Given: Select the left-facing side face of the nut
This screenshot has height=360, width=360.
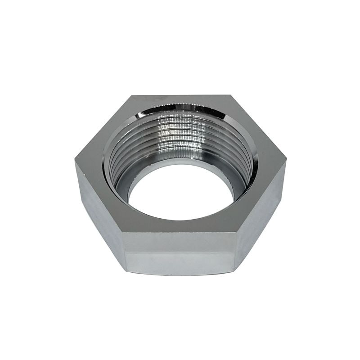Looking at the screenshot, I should pyautogui.click(x=97, y=211).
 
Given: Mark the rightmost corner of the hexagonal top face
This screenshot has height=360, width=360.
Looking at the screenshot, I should pyautogui.click(x=286, y=162).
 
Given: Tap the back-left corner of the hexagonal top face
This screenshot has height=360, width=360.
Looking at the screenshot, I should pyautogui.click(x=131, y=95).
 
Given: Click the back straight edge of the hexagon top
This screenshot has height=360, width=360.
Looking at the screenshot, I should pyautogui.click(x=180, y=95).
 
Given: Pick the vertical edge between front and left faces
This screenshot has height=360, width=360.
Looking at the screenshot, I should pyautogui.click(x=124, y=252).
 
